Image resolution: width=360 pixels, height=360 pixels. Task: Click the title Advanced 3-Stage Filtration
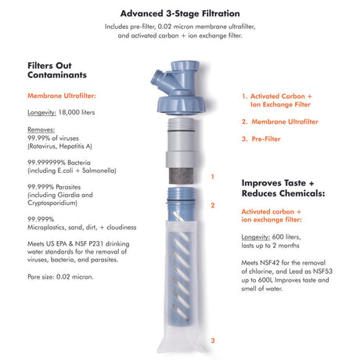point(180,14)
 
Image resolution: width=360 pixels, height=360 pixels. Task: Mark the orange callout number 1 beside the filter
point(212,178)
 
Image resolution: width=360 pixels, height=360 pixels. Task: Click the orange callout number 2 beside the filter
point(212,206)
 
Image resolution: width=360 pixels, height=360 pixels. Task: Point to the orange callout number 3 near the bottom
point(212,340)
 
